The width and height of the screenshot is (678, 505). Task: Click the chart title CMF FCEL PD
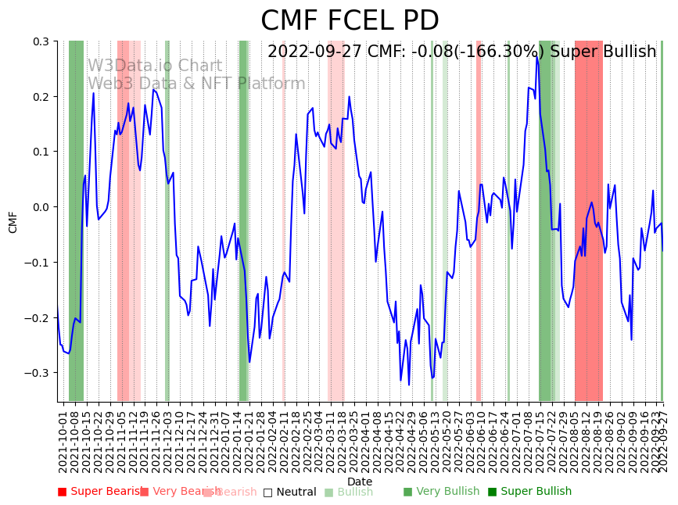350,21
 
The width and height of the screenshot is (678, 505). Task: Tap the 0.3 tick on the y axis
41,41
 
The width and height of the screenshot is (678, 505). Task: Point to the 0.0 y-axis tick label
41,207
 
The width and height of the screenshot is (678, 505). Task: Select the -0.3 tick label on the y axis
38,373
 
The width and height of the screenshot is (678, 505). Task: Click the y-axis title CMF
13,221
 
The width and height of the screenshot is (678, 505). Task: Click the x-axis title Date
360,482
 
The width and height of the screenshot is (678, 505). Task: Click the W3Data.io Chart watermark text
155,66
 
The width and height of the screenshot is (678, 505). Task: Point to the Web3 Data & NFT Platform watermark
196,84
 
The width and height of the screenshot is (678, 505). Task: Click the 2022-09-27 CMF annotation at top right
461,52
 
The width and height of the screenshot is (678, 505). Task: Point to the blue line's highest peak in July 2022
537,57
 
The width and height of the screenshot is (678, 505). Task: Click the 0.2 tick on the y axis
41,97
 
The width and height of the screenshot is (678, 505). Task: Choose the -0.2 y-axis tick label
38,318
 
